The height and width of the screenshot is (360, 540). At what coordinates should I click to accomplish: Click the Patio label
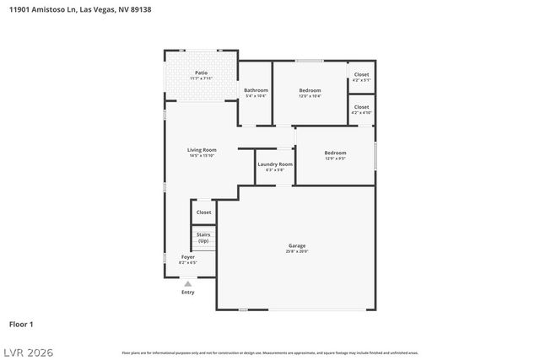point(201,73)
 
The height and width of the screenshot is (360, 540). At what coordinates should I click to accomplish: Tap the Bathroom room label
point(256,90)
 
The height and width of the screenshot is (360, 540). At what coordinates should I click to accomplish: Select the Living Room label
point(202,150)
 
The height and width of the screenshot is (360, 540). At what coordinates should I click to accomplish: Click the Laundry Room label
point(275,164)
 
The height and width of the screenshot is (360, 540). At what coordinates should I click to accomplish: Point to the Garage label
point(297,245)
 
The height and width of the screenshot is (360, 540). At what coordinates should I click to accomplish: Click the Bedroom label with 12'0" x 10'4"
point(310,90)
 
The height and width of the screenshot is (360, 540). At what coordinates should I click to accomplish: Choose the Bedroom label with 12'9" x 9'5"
point(335,153)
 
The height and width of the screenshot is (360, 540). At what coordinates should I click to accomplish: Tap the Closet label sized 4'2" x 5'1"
point(361,75)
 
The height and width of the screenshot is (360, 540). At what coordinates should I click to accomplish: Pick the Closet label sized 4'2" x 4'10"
point(361,107)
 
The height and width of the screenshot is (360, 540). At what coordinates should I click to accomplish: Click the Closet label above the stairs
point(204,212)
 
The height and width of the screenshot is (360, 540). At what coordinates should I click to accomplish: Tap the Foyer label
point(187,257)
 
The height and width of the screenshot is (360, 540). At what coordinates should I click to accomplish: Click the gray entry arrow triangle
point(187,284)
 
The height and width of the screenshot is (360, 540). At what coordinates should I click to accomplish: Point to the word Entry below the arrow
point(187,293)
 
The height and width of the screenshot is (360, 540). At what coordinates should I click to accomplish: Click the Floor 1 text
point(21,324)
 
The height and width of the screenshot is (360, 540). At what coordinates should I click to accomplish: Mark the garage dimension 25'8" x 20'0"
point(297,251)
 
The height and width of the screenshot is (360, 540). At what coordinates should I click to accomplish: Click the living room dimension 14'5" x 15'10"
point(202,156)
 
